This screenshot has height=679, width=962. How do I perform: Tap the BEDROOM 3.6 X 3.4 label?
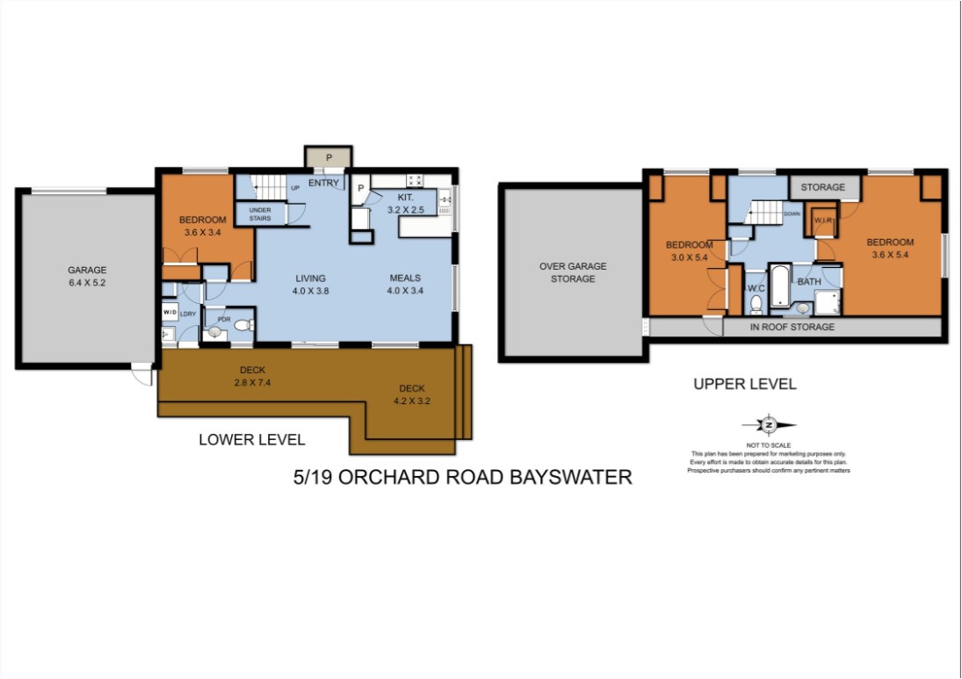[202, 226]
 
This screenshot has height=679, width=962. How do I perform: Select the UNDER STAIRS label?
[260, 213]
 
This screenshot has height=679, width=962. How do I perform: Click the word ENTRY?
[323, 184]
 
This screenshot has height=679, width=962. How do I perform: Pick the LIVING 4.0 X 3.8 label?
[311, 285]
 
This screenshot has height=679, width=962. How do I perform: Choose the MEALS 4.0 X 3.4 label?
[407, 285]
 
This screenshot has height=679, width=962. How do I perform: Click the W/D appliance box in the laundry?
[170, 312]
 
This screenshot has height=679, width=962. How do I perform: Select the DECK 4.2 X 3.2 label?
[412, 394]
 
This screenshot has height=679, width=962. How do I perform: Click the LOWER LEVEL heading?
[252, 439]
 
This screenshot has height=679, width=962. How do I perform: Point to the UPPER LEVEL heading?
[744, 384]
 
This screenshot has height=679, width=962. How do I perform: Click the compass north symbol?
[769, 425]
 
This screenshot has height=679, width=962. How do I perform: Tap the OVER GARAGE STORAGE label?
[573, 272]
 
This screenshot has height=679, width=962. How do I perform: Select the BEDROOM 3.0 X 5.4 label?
[689, 250]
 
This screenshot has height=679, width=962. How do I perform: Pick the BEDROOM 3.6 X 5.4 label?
[889, 249]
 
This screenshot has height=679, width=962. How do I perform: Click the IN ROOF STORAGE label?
[792, 327]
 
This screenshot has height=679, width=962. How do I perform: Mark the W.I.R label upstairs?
[823, 220]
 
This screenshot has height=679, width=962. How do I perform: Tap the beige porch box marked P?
[329, 157]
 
